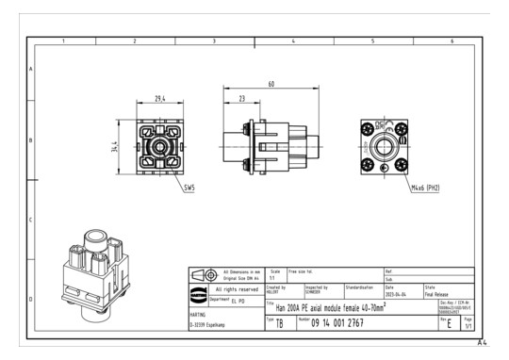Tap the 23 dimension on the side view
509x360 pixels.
(242, 98)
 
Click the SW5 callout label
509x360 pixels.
(189, 188)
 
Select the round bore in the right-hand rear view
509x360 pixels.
(384, 148)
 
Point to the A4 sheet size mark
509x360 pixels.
(481, 344)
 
